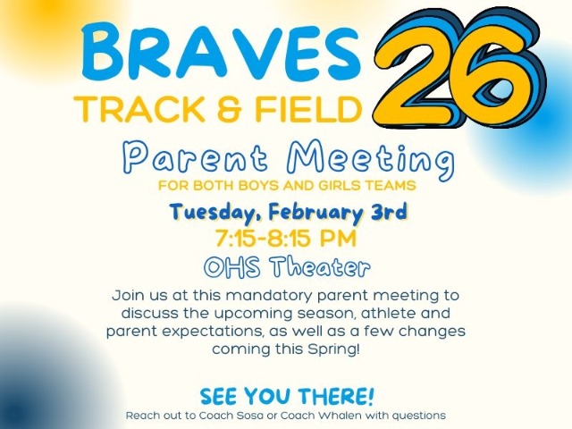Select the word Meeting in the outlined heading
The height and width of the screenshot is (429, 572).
pos(367,161)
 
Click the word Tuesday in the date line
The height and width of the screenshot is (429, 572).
pos(213,213)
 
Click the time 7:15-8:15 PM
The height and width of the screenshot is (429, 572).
pos(286,240)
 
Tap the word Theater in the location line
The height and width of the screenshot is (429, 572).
pos(317,266)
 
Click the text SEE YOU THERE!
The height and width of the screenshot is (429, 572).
pos(286,395)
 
